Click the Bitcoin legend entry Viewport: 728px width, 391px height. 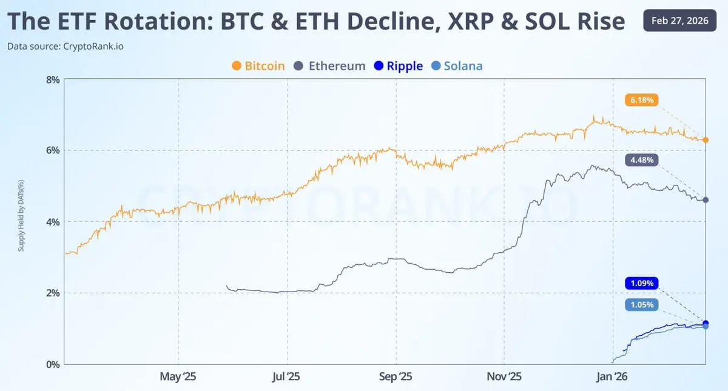(x=258, y=66)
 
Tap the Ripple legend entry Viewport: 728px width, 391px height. (x=399, y=66)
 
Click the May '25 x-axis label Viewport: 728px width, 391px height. (x=178, y=377)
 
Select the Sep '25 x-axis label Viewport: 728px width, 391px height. (x=395, y=377)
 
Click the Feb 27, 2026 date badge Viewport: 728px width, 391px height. (x=681, y=21)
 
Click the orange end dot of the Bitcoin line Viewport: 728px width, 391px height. (x=706, y=140)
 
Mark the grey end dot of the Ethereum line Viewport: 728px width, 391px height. (x=706, y=200)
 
